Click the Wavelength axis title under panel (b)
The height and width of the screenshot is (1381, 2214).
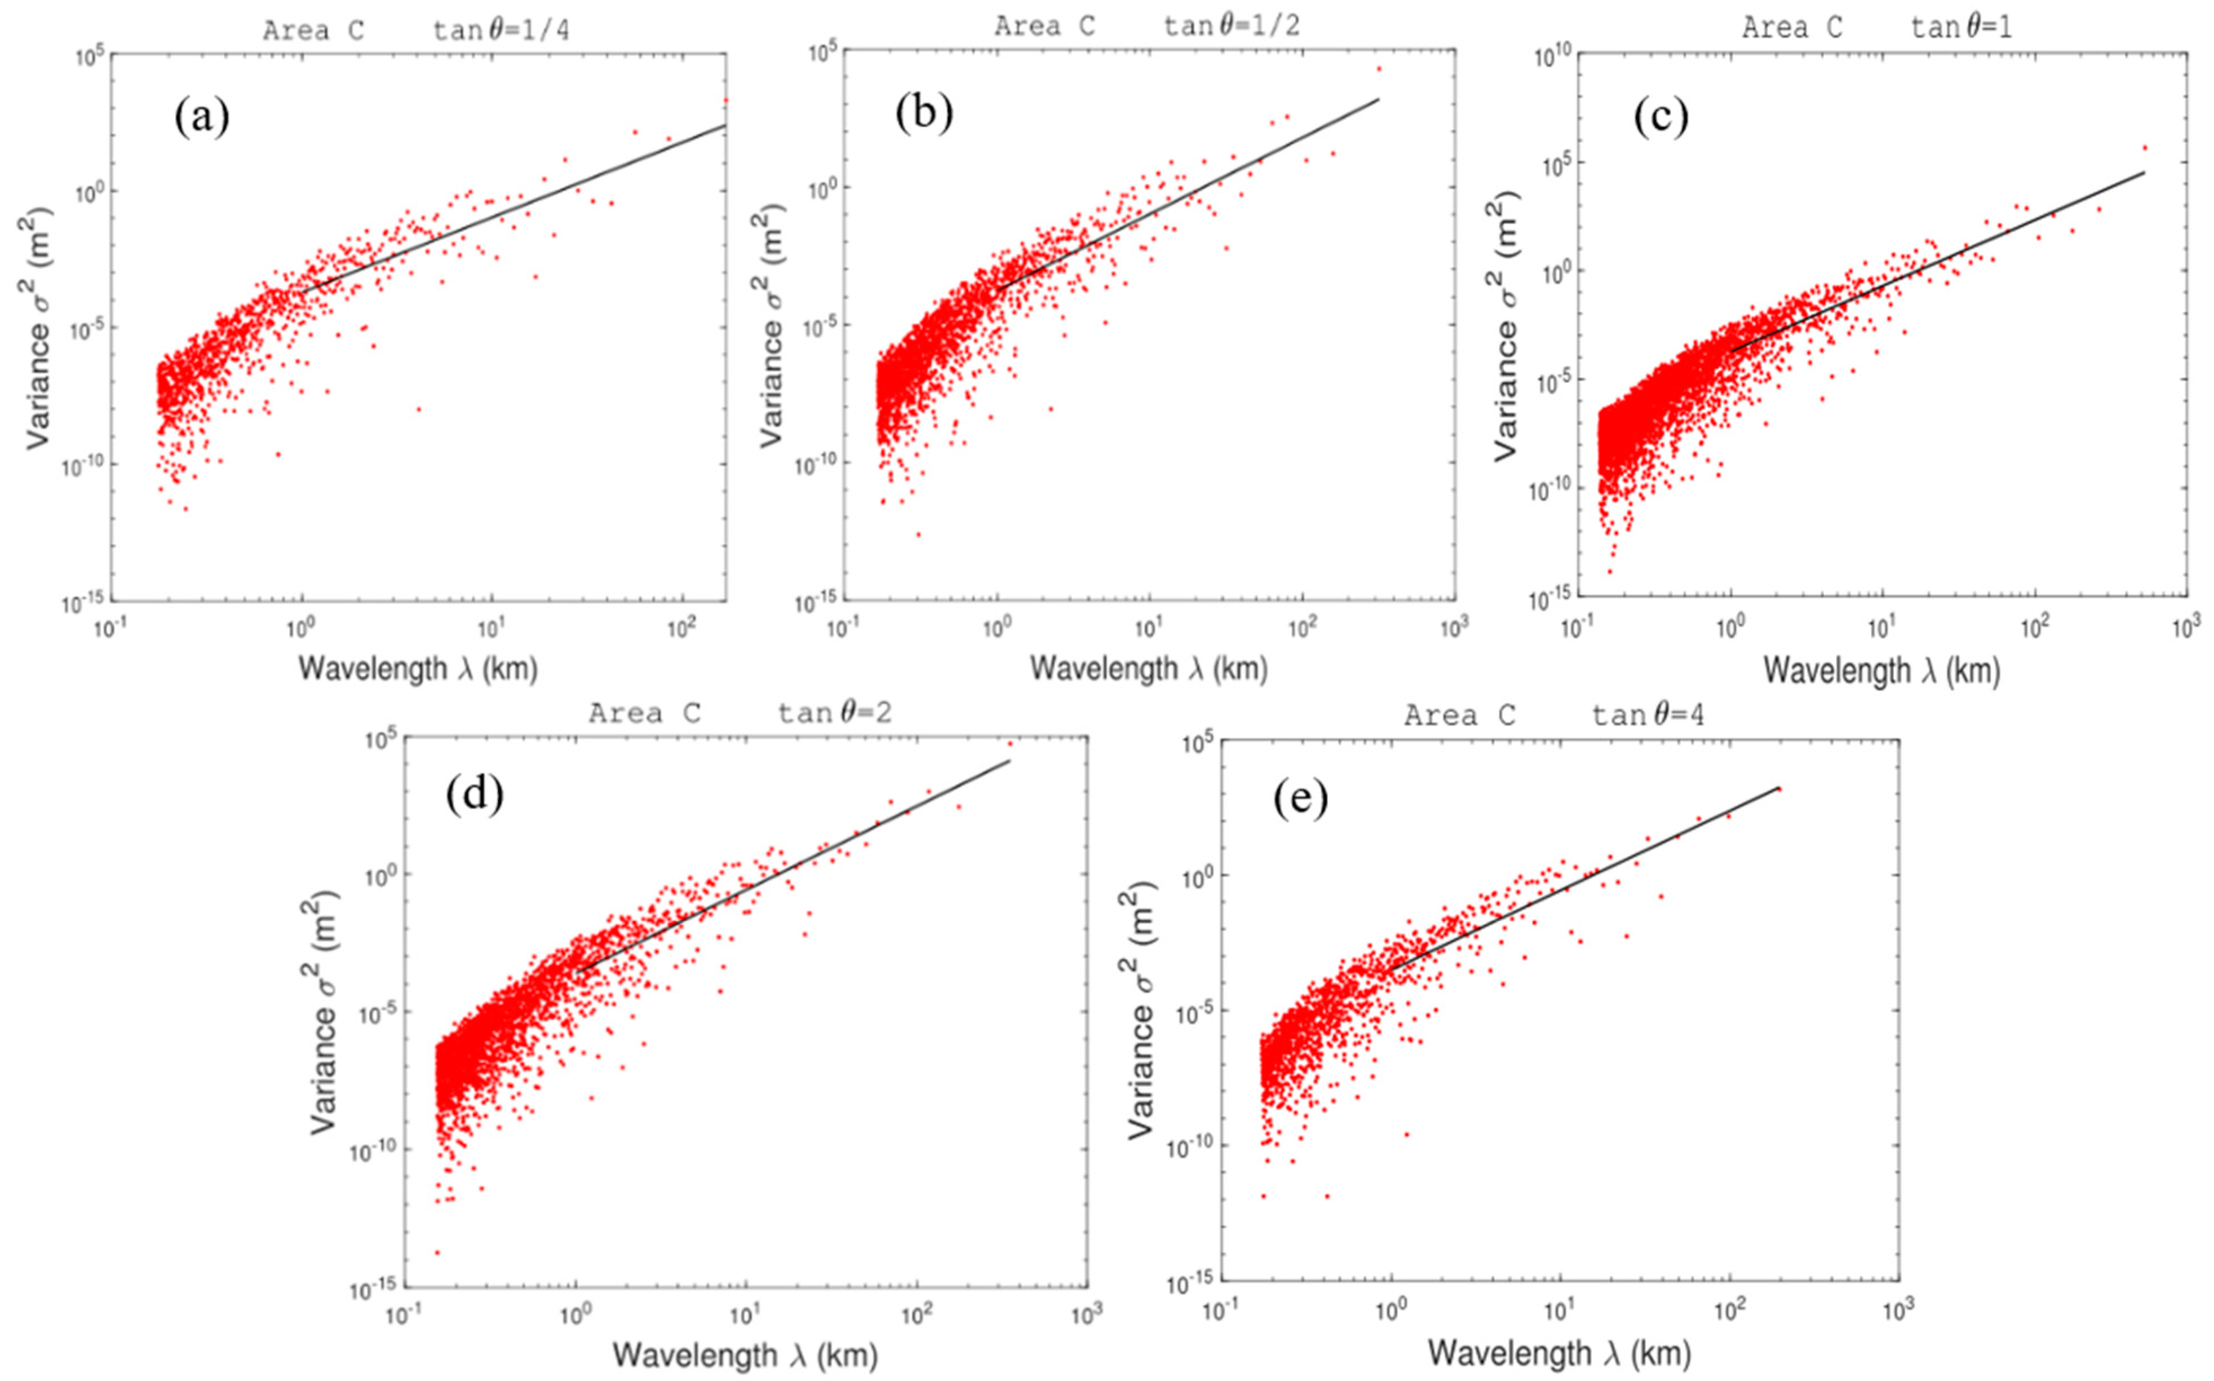point(1149,669)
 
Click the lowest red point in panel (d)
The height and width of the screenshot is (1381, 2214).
point(437,1252)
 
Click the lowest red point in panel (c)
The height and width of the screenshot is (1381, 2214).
point(1610,572)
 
